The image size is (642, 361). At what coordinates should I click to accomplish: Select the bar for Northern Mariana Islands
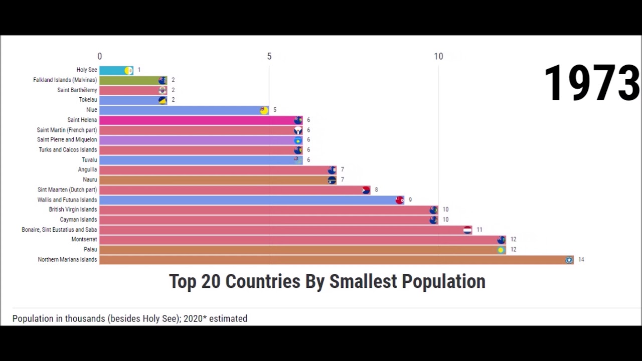(x=336, y=260)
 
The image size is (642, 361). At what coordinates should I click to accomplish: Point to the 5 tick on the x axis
(x=269, y=57)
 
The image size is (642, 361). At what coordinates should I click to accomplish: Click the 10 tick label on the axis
(x=438, y=57)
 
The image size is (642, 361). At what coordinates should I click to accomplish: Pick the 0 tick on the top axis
(x=100, y=57)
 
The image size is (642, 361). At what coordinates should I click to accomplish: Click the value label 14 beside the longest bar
(x=581, y=260)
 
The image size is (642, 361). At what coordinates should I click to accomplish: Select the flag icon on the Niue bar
(x=264, y=110)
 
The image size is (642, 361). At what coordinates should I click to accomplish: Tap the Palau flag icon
(x=501, y=250)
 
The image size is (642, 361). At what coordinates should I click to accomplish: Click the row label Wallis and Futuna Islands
(x=67, y=200)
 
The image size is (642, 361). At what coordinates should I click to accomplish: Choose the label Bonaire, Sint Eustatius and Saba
(x=59, y=230)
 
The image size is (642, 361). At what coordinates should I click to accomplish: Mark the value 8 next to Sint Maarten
(x=376, y=190)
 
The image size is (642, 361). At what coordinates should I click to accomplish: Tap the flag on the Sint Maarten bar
(x=366, y=190)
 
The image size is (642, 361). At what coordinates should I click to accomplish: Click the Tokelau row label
(x=88, y=100)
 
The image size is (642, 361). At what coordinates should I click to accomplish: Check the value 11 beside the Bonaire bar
(x=479, y=230)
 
